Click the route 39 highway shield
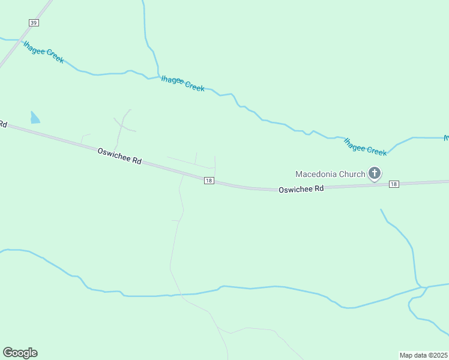coord(34,22)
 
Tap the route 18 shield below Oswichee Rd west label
coord(208,180)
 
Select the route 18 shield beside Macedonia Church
coord(393,184)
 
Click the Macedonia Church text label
coord(330,175)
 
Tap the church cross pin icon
coord(375,174)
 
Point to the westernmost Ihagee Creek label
coord(43,52)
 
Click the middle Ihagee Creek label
coord(182,84)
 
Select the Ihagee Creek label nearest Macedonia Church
coord(365,146)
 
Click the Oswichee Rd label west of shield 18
coord(119,157)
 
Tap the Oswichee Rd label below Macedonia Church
coord(301,188)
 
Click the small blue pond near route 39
coord(35,118)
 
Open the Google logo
coord(20,353)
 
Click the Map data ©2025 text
coord(424,355)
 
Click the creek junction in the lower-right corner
coord(423,288)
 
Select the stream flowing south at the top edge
coord(145,24)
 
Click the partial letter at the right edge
coord(446,138)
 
